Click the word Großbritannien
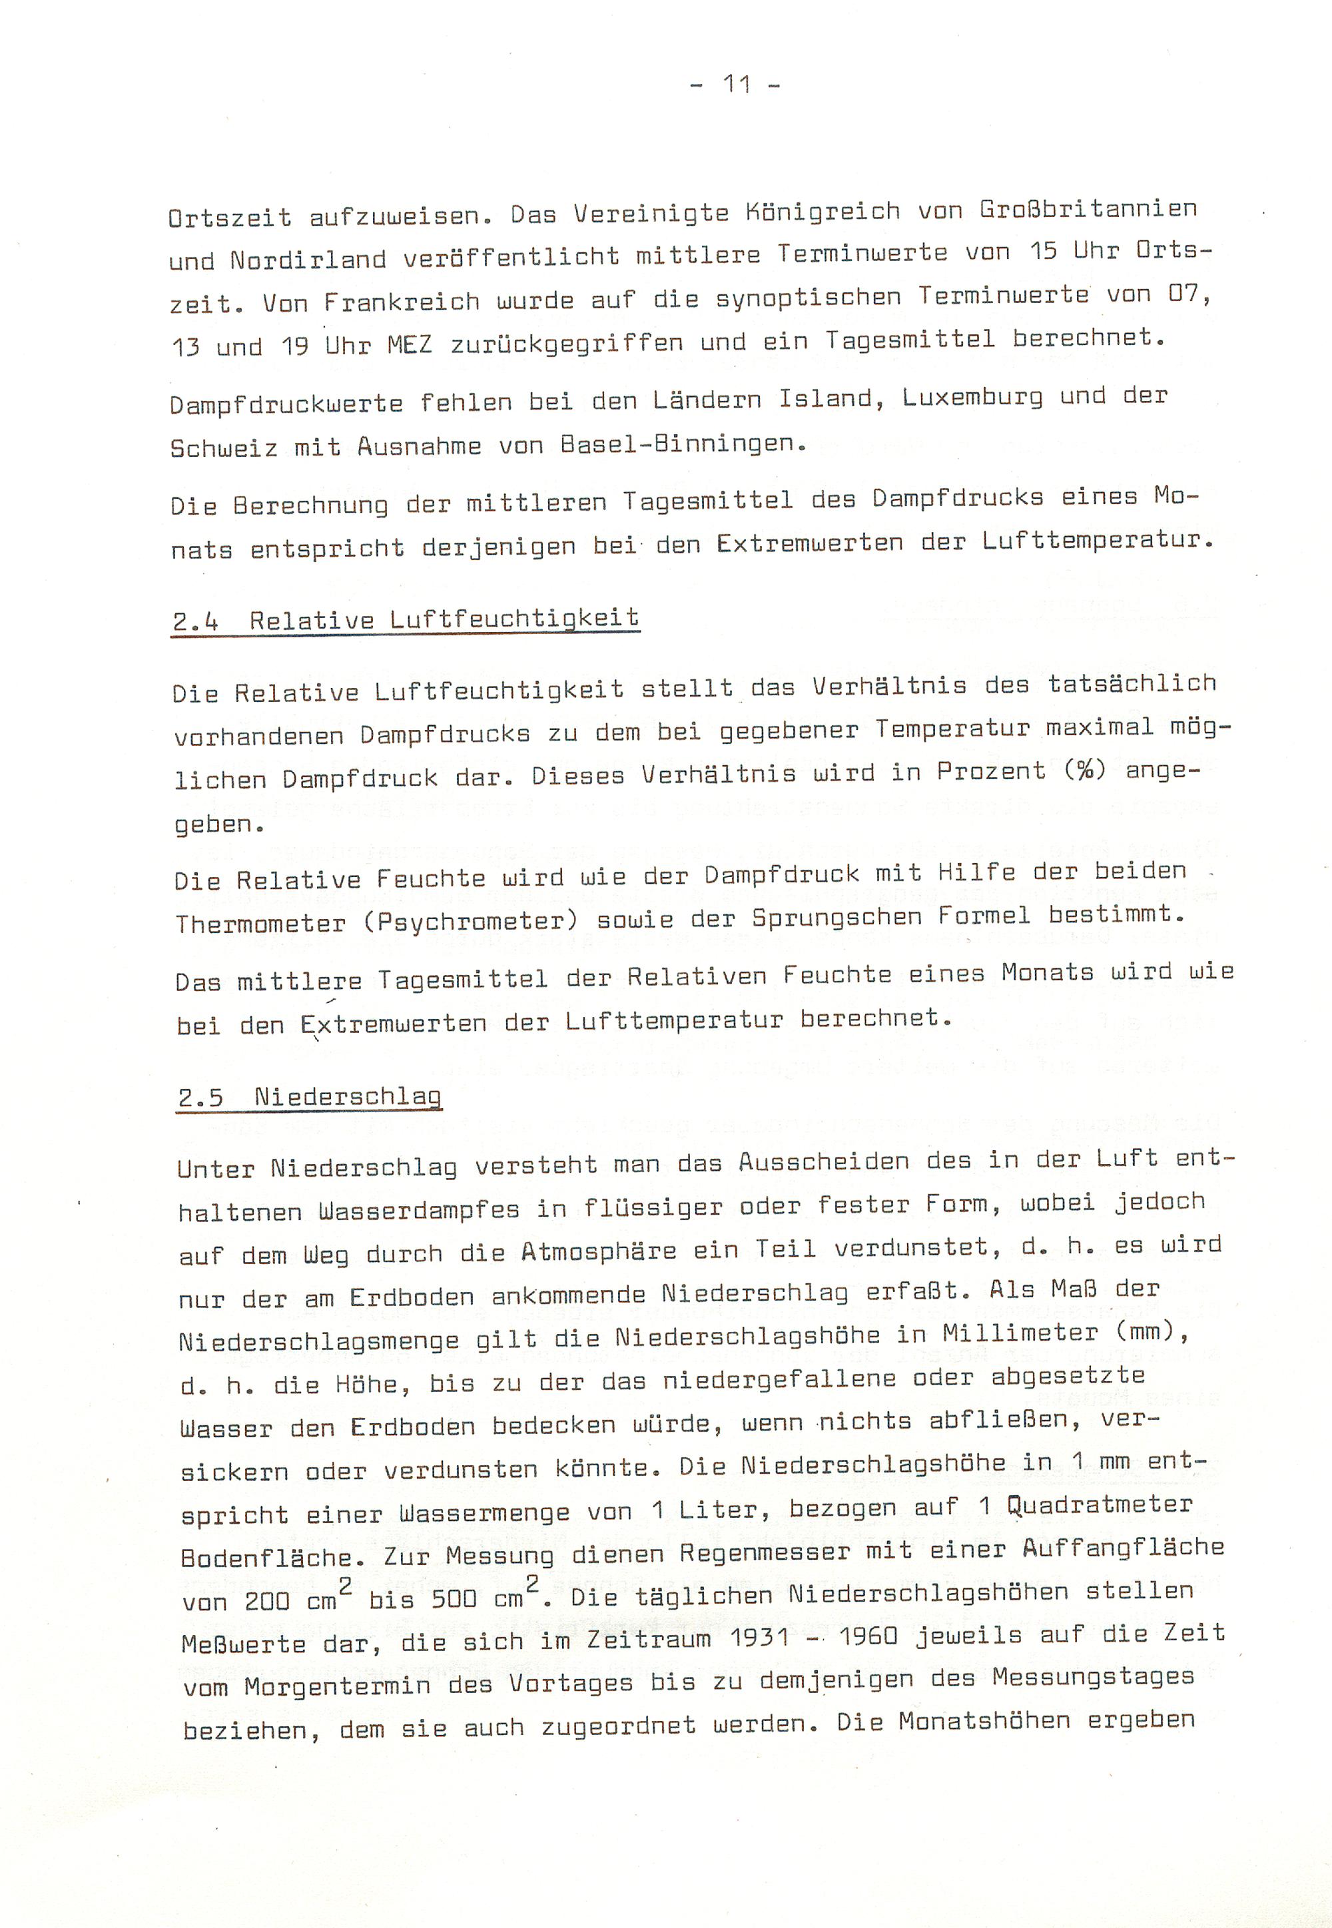click(1088, 208)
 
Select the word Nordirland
click(308, 260)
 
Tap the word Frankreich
click(402, 301)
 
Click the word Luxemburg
click(972, 398)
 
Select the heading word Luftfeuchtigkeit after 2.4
click(514, 619)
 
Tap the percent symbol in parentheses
click(1086, 771)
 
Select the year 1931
click(759, 1637)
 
